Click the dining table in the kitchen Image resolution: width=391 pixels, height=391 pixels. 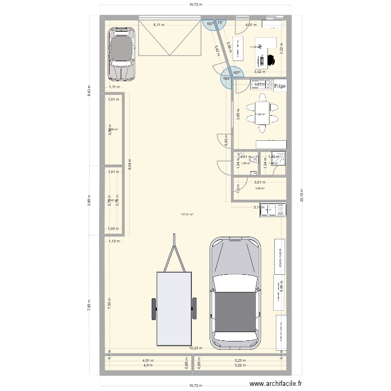[x=261, y=114]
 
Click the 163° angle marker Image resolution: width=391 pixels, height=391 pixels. [x=226, y=79]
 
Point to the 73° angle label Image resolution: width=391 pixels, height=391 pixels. [x=220, y=23]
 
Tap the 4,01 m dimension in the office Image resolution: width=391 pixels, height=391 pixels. [x=251, y=25]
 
